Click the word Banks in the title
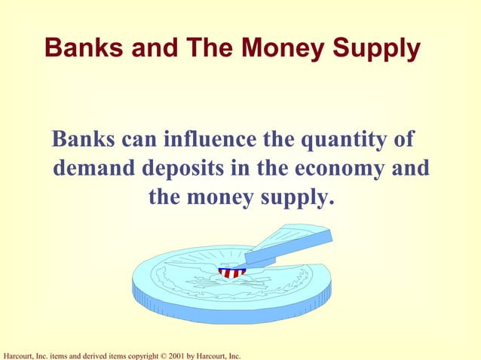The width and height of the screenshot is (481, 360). point(76,48)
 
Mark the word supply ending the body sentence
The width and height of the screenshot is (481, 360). point(296,200)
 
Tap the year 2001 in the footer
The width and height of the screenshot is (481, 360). point(173,355)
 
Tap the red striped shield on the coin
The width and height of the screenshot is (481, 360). point(231,272)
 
